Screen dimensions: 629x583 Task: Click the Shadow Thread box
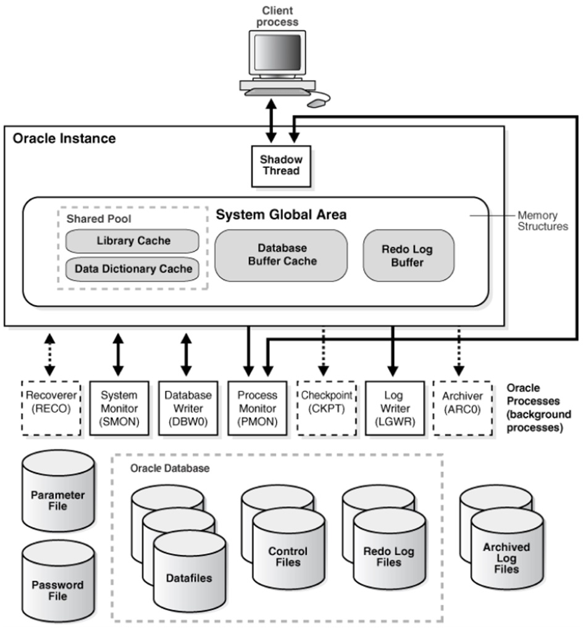[x=281, y=165]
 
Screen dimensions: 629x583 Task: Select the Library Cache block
[x=132, y=241]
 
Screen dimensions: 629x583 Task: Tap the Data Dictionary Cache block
[x=133, y=269]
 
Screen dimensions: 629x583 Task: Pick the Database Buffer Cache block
[x=282, y=254]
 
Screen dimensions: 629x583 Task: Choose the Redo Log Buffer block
[x=408, y=256]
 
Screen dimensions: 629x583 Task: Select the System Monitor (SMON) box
[x=119, y=408]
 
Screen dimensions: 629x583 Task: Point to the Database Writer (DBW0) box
[x=188, y=408]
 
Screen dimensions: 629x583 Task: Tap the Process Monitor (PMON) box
[x=257, y=408]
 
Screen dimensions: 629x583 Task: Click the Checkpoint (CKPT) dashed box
[x=326, y=408]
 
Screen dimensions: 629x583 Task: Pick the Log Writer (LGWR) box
[x=395, y=408]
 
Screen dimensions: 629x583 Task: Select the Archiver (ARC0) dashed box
[x=463, y=408]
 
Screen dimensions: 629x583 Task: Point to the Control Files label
[x=288, y=557]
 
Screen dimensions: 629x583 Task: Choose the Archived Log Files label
[x=506, y=557]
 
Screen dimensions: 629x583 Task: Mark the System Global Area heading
[x=281, y=215]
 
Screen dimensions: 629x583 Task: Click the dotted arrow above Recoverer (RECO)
[x=49, y=356]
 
